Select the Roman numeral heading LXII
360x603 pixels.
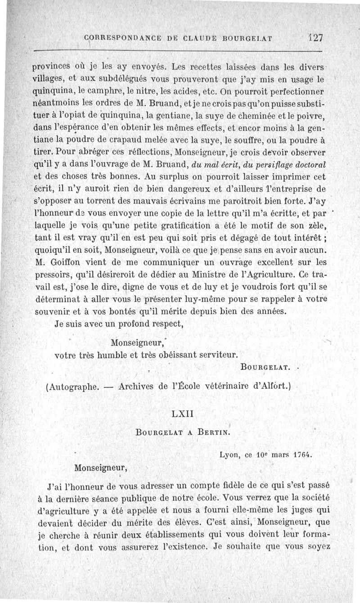click(182, 413)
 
